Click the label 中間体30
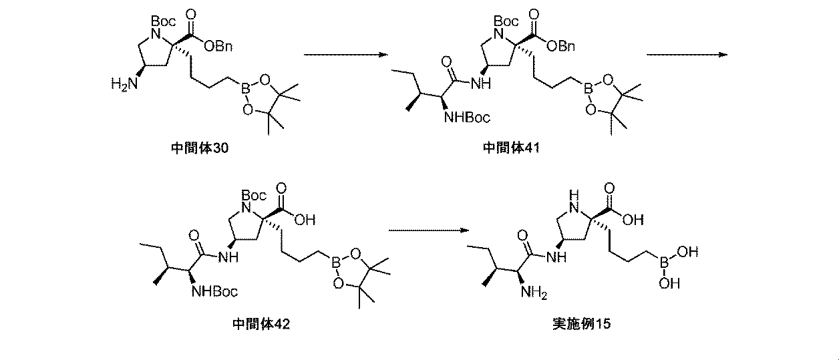200,148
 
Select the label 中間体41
512,148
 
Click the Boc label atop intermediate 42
255,196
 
